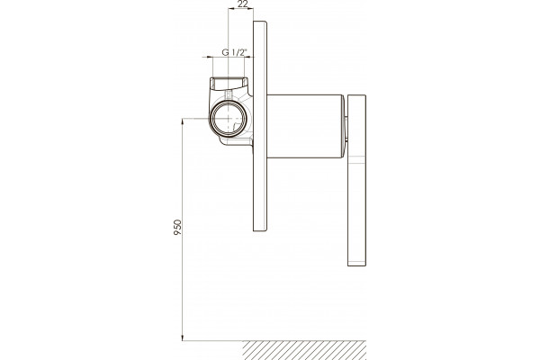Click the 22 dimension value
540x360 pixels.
click(243, 4)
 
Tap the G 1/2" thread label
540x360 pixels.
click(235, 52)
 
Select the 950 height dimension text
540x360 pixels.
click(177, 228)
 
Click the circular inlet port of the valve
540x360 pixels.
click(228, 119)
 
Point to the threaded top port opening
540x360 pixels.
click(229, 82)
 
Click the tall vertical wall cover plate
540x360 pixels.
click(260, 126)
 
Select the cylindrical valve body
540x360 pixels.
click(305, 126)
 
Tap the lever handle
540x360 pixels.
click(356, 180)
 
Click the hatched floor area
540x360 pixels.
click(304, 350)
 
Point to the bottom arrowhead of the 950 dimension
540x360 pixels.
click(182, 337)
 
